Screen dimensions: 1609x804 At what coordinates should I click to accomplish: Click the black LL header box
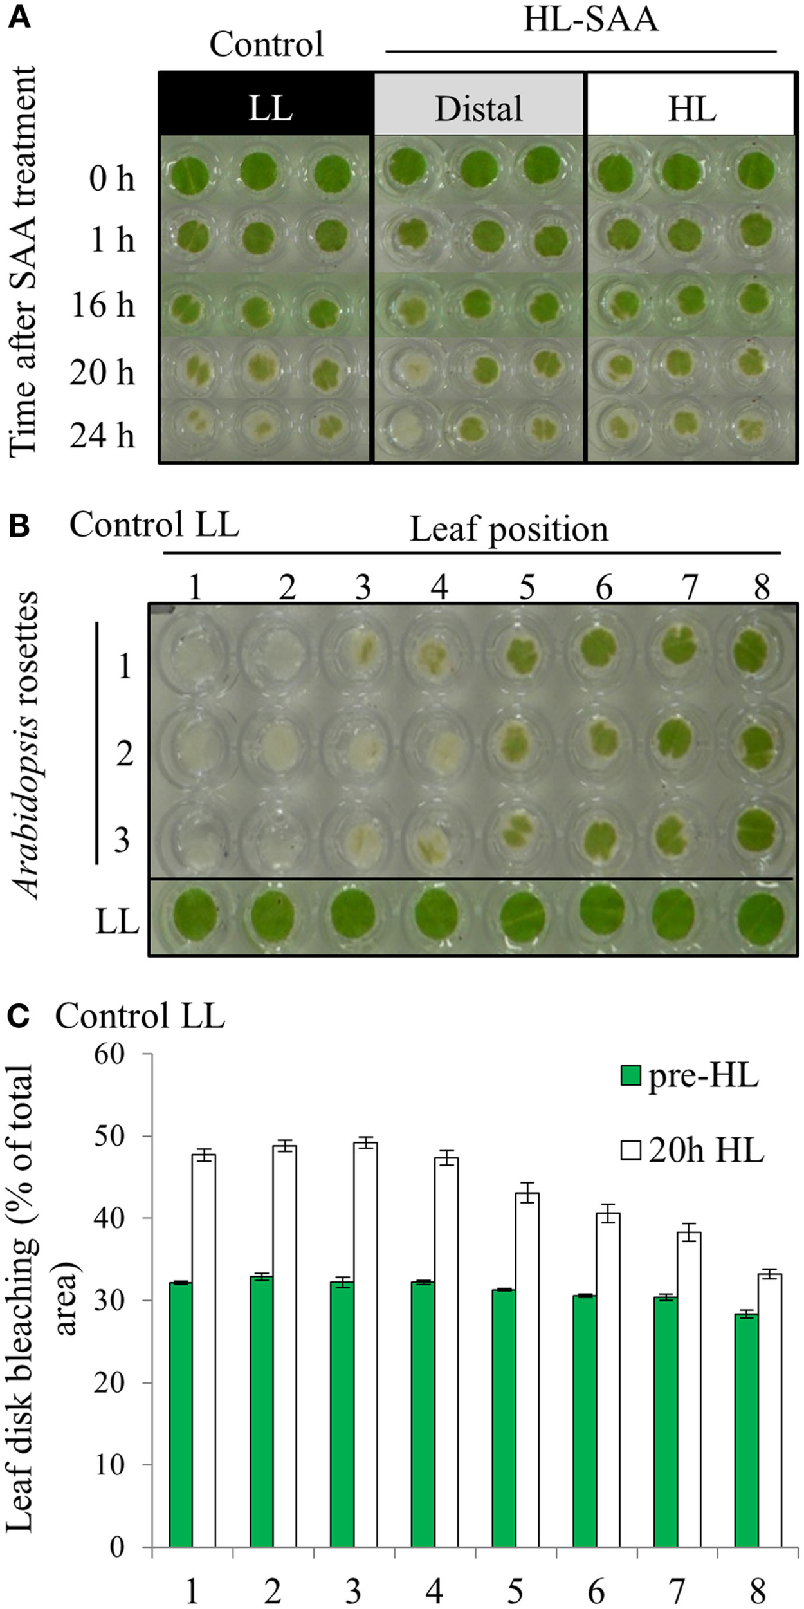pyautogui.click(x=266, y=104)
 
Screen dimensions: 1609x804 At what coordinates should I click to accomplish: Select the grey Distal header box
pyautogui.click(x=479, y=104)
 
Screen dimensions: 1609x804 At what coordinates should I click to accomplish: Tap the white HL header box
pyautogui.click(x=692, y=104)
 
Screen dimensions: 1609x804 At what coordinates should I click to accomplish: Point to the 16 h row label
pyautogui.click(x=103, y=304)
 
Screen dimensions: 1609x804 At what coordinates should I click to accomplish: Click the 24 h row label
pyautogui.click(x=103, y=436)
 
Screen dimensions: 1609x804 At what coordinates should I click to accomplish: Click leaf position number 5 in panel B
pyautogui.click(x=527, y=587)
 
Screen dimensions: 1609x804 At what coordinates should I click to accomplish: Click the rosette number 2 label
pyautogui.click(x=124, y=753)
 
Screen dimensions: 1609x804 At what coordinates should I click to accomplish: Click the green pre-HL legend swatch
pyautogui.click(x=631, y=1075)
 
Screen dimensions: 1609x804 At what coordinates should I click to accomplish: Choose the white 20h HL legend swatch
pyautogui.click(x=631, y=1150)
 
